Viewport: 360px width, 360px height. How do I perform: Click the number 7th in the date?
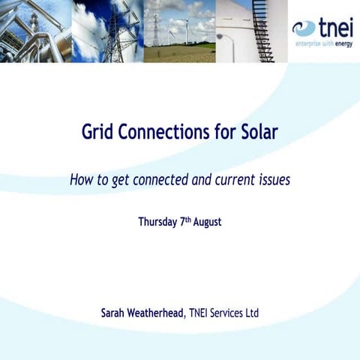186,222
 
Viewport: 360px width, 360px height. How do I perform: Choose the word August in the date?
208,223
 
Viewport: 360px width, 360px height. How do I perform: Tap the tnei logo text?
335,28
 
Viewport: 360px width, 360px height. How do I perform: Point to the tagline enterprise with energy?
322,44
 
